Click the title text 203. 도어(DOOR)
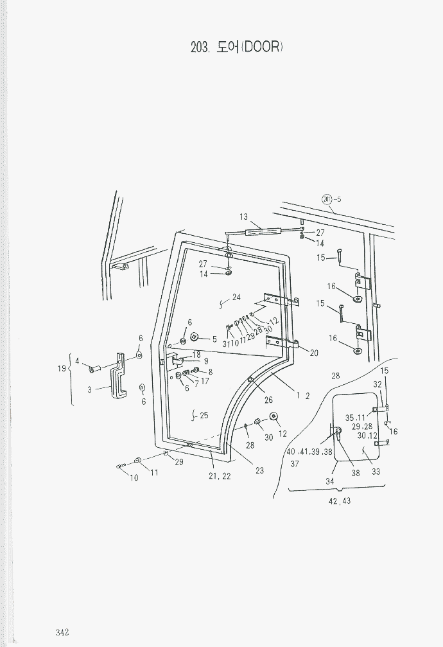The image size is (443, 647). click(237, 48)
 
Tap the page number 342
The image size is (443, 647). click(62, 632)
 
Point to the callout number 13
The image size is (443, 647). click(244, 217)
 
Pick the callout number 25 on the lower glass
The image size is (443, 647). click(203, 416)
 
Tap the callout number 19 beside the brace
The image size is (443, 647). click(62, 369)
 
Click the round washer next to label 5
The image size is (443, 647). click(194, 338)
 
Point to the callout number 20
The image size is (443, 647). click(314, 353)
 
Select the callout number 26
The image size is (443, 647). click(268, 400)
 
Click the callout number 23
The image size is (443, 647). click(259, 471)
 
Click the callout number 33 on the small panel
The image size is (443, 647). click(376, 472)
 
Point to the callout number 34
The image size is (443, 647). click(330, 481)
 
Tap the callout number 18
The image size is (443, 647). click(196, 355)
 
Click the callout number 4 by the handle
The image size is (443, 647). click(77, 361)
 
